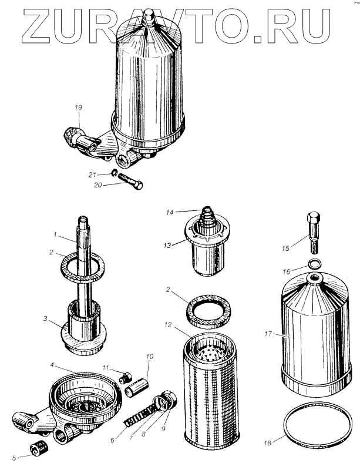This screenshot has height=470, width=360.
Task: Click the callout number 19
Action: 78,107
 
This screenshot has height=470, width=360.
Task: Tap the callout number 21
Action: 92,174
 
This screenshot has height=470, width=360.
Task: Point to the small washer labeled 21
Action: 113,173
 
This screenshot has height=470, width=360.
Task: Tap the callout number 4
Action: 52,364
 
